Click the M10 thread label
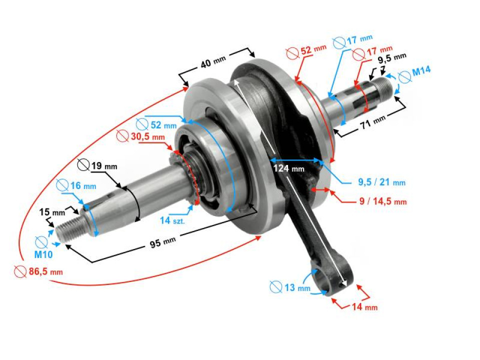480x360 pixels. (x=43, y=254)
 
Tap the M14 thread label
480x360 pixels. (x=421, y=71)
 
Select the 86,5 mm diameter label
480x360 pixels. (x=45, y=271)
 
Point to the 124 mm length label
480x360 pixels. (x=288, y=168)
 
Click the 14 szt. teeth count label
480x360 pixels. (x=172, y=220)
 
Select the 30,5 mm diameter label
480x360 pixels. (x=148, y=136)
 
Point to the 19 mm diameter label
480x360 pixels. (x=104, y=166)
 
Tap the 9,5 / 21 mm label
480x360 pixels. (x=381, y=182)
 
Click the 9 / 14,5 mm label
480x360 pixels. (x=383, y=201)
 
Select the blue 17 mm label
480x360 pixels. (x=359, y=39)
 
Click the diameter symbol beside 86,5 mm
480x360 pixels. (x=20, y=272)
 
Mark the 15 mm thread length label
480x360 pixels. (x=52, y=212)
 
